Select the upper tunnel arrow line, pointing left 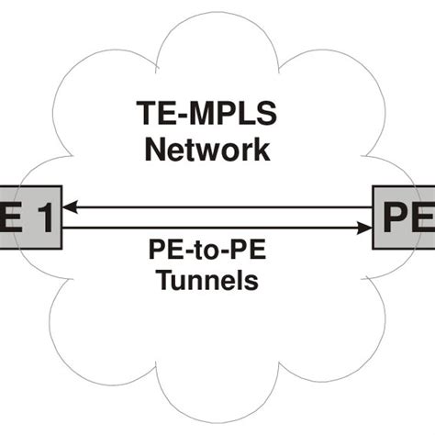pos(220,208)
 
